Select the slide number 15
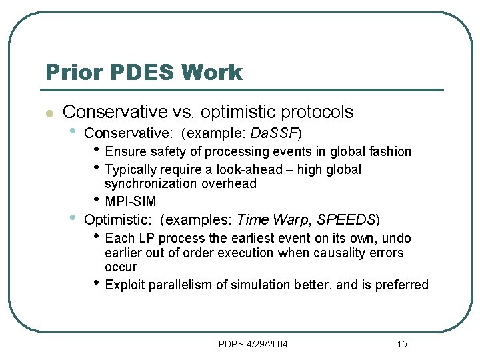tap(401, 344)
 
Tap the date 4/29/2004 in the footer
tap(267, 344)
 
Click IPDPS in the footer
tap(230, 344)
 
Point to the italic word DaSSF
tap(274, 133)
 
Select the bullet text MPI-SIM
tap(131, 201)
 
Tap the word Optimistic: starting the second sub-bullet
tap(120, 219)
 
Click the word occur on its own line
tap(121, 267)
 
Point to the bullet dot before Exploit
tap(97, 283)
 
